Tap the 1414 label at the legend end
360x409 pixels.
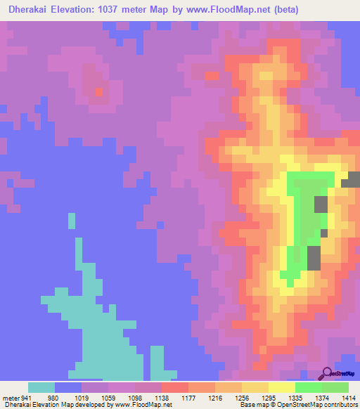point(349,397)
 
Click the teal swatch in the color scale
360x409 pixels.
point(41,387)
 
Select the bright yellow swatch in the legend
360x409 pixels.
point(282,387)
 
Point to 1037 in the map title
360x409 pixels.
point(137,10)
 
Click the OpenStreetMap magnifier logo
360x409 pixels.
point(327,372)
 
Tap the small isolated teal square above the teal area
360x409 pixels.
point(72,221)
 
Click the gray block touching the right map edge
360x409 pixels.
point(351,179)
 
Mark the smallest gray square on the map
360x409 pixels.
point(324,233)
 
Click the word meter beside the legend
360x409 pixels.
point(11,397)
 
